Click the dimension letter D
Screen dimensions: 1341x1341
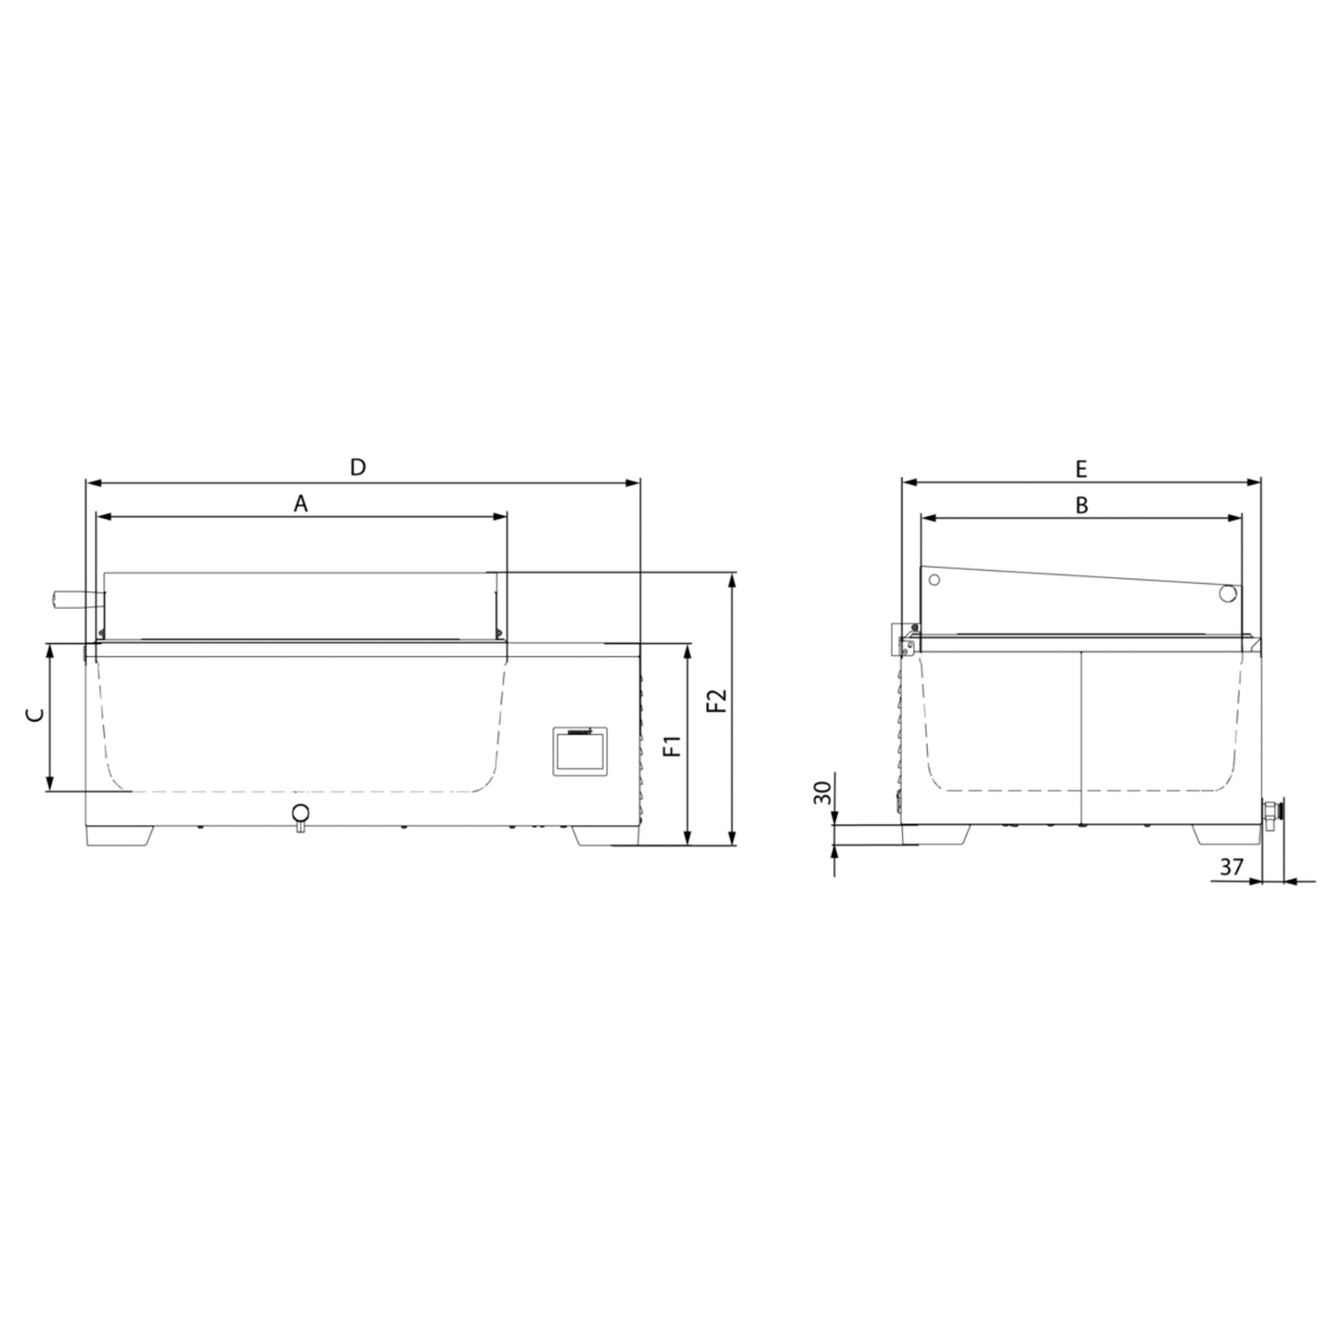click(357, 467)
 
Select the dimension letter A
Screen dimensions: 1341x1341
click(300, 503)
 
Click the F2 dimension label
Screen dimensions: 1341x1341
click(716, 700)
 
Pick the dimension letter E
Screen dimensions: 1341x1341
click(1081, 469)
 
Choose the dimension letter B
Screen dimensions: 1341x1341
click(1081, 505)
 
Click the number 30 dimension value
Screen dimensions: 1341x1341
click(823, 793)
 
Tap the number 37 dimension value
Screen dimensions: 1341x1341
click(1231, 867)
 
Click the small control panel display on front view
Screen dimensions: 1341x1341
click(580, 751)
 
